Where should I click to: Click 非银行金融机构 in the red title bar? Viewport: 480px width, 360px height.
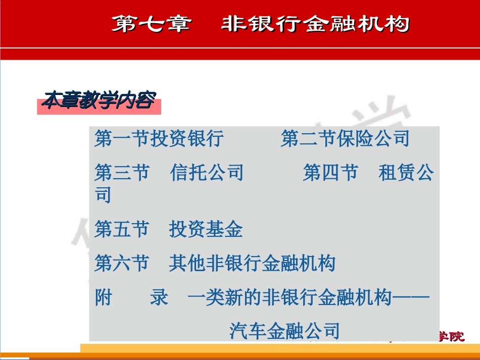pos(315,24)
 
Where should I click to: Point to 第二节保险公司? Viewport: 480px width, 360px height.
pos(345,139)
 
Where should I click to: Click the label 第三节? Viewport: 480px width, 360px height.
pos(122,173)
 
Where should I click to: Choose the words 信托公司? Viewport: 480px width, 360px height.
pos(207,173)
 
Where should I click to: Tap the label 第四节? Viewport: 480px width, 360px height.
pos(330,173)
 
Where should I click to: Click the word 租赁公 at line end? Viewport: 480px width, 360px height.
pos(406,173)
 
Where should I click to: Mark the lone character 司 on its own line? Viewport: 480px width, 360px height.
pos(104,195)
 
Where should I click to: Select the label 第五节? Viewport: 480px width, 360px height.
pos(122,230)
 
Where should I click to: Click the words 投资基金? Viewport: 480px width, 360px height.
pos(206,230)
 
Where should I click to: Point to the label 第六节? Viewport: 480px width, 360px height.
pos(122,264)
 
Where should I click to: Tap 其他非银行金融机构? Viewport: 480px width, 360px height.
pos(252,264)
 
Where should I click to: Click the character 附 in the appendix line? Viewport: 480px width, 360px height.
pos(103,298)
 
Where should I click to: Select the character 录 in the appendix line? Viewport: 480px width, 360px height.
pos(159,298)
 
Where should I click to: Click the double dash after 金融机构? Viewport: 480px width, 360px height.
pos(411,298)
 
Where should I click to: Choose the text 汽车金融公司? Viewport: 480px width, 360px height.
pos(284,331)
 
